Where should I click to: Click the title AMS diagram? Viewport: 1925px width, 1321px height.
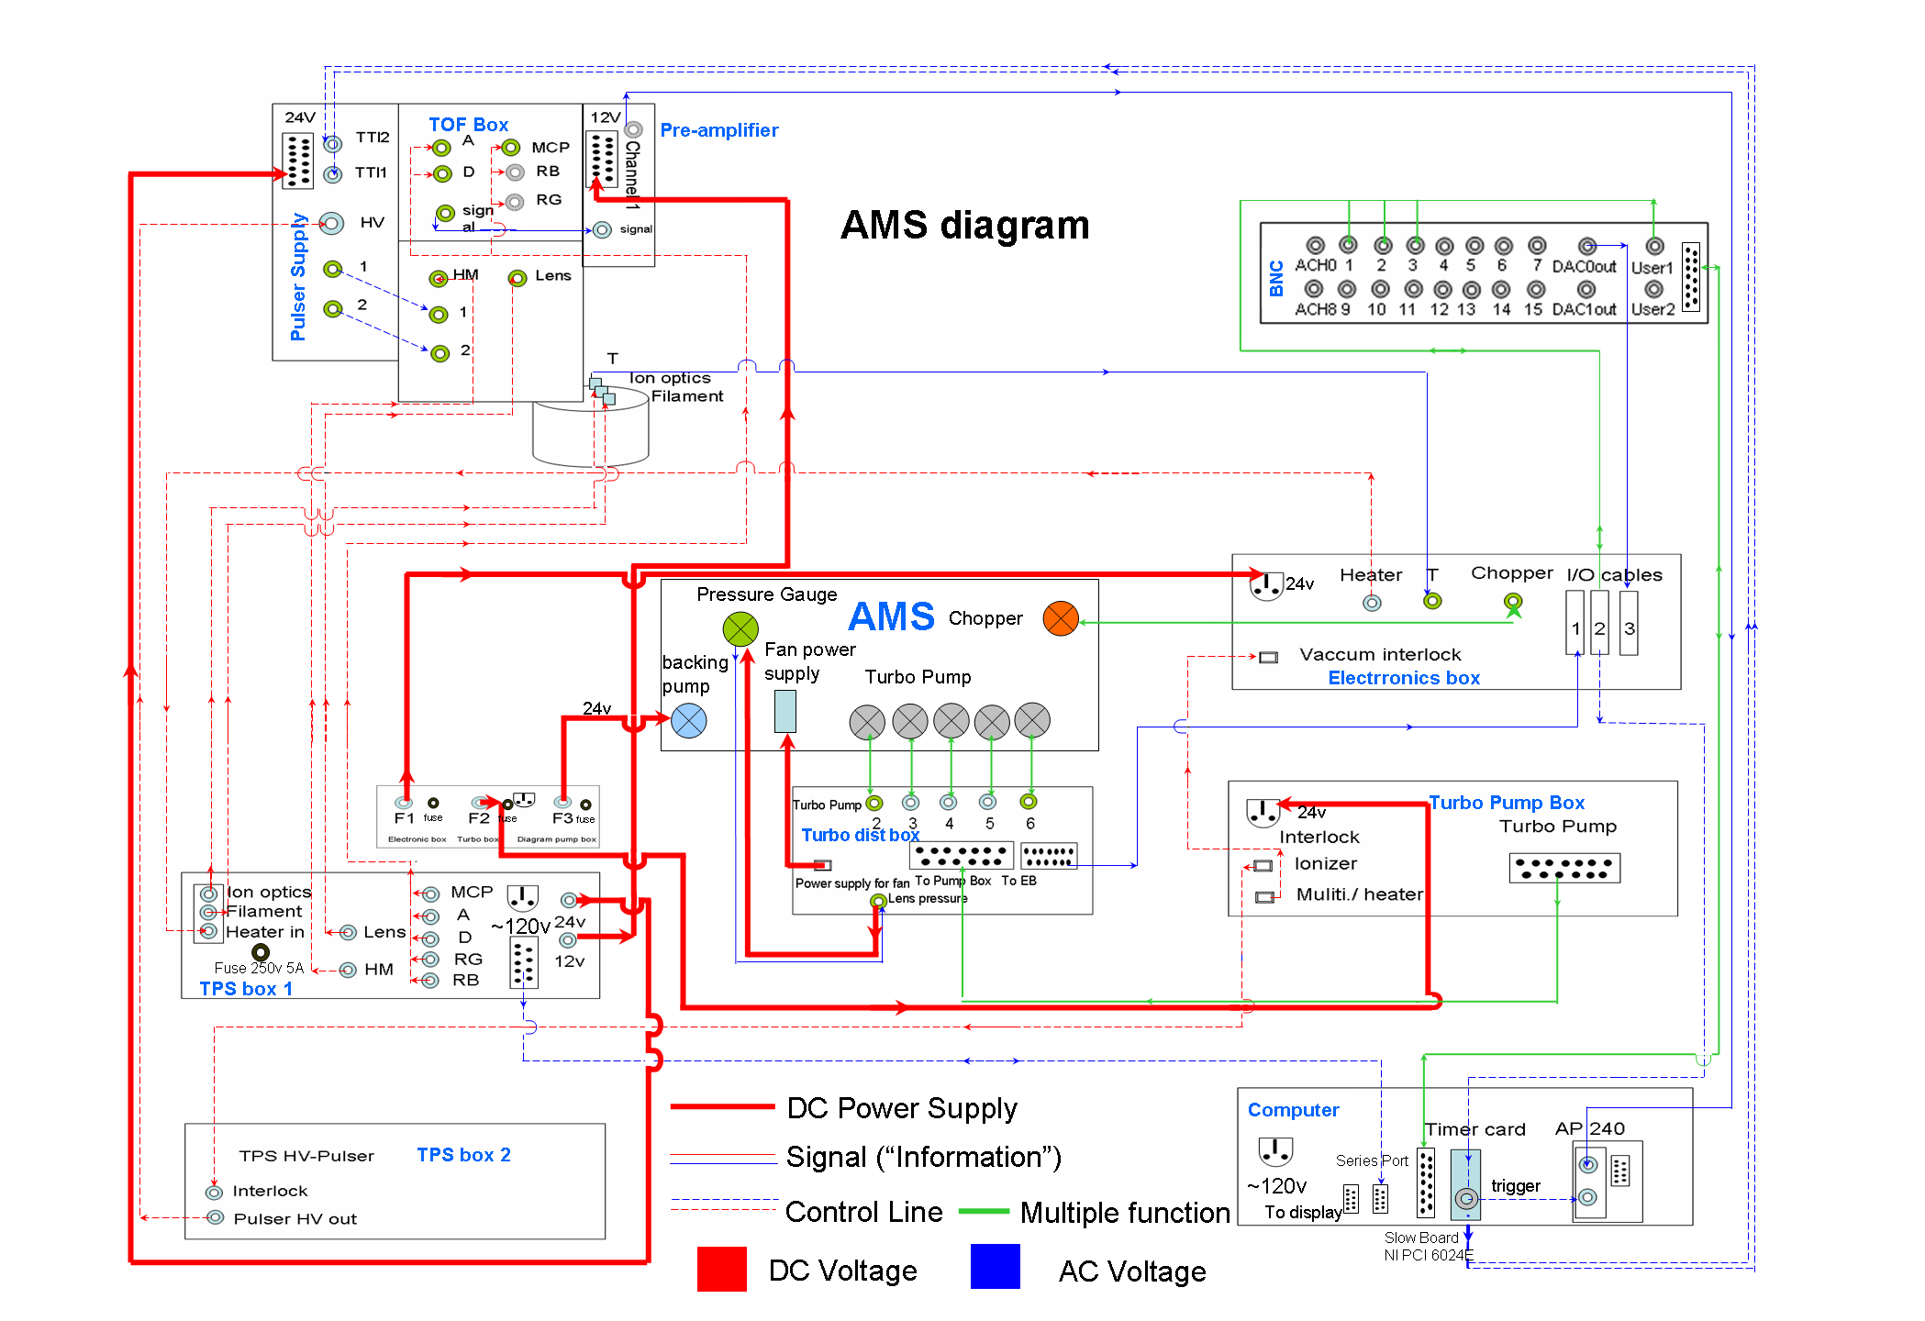click(x=964, y=226)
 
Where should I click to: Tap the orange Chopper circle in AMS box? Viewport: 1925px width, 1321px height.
click(x=1060, y=618)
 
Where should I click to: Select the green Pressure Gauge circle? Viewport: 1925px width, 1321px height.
click(x=740, y=629)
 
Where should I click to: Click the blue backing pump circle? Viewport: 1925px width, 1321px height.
click(x=688, y=721)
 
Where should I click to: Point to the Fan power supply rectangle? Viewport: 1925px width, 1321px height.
click(x=785, y=711)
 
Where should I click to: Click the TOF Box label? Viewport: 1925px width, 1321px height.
click(x=468, y=125)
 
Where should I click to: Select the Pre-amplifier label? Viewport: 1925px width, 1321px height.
click(x=718, y=130)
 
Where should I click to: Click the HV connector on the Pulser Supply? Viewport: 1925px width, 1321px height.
click(x=332, y=223)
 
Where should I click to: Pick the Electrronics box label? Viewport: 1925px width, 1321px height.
click(x=1403, y=678)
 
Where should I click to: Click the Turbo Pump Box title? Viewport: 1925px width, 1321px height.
click(x=1506, y=803)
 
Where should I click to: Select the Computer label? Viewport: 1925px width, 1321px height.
click(x=1293, y=1110)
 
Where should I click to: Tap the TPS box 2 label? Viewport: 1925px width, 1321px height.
click(x=463, y=1155)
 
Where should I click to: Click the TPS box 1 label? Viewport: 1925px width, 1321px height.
click(x=246, y=989)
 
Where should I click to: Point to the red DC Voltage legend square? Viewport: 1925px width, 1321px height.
click(x=721, y=1269)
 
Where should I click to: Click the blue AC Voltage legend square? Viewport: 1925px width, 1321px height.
click(x=995, y=1267)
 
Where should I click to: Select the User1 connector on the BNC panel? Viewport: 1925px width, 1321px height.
click(x=1654, y=247)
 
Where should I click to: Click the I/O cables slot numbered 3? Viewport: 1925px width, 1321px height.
click(x=1629, y=623)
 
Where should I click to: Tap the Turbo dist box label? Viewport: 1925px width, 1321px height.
click(x=860, y=835)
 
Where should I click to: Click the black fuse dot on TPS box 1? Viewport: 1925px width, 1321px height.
click(x=261, y=952)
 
